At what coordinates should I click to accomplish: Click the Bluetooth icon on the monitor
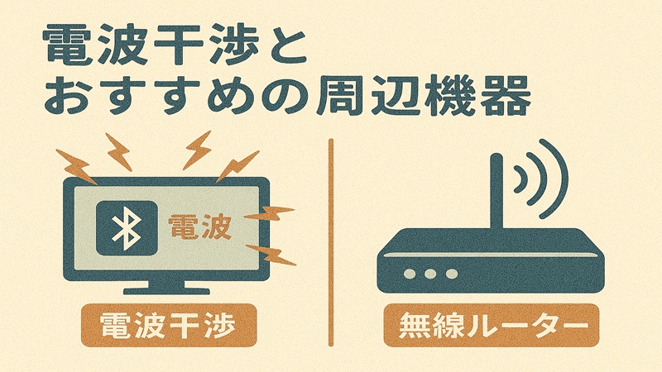125,227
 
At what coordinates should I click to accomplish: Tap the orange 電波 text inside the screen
199,227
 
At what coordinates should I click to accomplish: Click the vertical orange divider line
331,240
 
